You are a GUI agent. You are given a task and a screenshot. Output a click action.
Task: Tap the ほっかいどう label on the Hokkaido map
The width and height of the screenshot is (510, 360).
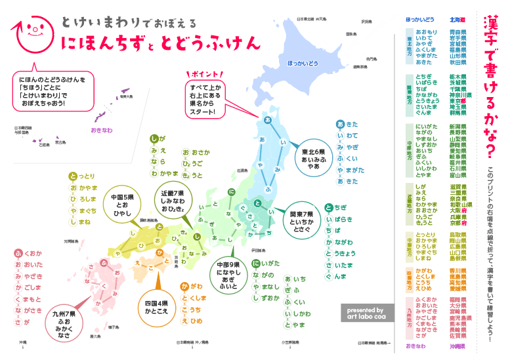(303, 63)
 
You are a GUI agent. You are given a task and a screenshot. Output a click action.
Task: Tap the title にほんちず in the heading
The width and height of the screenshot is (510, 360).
(105, 44)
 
